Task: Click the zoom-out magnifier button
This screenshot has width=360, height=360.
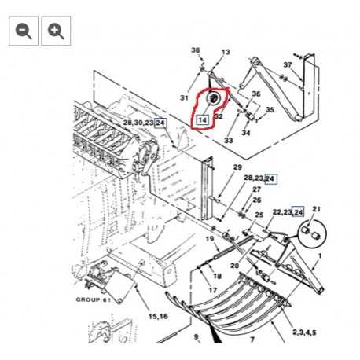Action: [24, 31]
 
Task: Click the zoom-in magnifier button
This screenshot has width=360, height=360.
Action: [56, 31]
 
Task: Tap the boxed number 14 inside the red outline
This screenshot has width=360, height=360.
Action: [202, 120]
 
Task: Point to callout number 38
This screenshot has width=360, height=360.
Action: [196, 50]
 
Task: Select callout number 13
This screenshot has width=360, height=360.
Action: [226, 52]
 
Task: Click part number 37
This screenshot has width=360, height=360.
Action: [288, 64]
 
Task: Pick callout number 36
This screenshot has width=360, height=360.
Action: [256, 94]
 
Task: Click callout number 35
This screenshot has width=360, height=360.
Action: [270, 109]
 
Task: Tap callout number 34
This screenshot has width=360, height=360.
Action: [246, 133]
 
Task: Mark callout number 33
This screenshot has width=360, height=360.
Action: [229, 141]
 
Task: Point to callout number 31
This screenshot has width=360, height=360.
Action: [184, 97]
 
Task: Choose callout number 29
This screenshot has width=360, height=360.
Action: [237, 167]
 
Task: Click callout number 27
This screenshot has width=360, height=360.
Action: [257, 189]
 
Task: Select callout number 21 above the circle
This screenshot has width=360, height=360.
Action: [317, 209]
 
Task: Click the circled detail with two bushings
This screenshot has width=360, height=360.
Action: [312, 233]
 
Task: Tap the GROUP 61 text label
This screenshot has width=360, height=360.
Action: [94, 299]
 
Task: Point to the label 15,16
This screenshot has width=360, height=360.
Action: [158, 316]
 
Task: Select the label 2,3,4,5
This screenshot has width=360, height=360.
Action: [304, 332]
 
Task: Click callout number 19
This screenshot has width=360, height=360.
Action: [210, 239]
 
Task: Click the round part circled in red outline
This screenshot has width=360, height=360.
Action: [214, 98]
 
